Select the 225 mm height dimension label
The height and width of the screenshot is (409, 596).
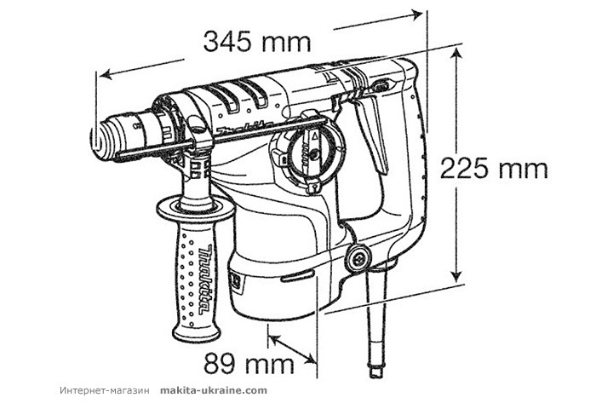point(494,168)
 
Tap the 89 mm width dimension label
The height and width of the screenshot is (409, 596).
point(249,364)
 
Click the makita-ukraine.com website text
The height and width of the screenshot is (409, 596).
point(213,390)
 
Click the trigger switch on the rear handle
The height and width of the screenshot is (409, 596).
point(367,136)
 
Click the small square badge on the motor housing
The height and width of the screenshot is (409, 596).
point(237,278)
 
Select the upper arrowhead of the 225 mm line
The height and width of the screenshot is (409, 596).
point(458,53)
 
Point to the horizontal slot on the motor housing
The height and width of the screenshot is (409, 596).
point(295,274)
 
